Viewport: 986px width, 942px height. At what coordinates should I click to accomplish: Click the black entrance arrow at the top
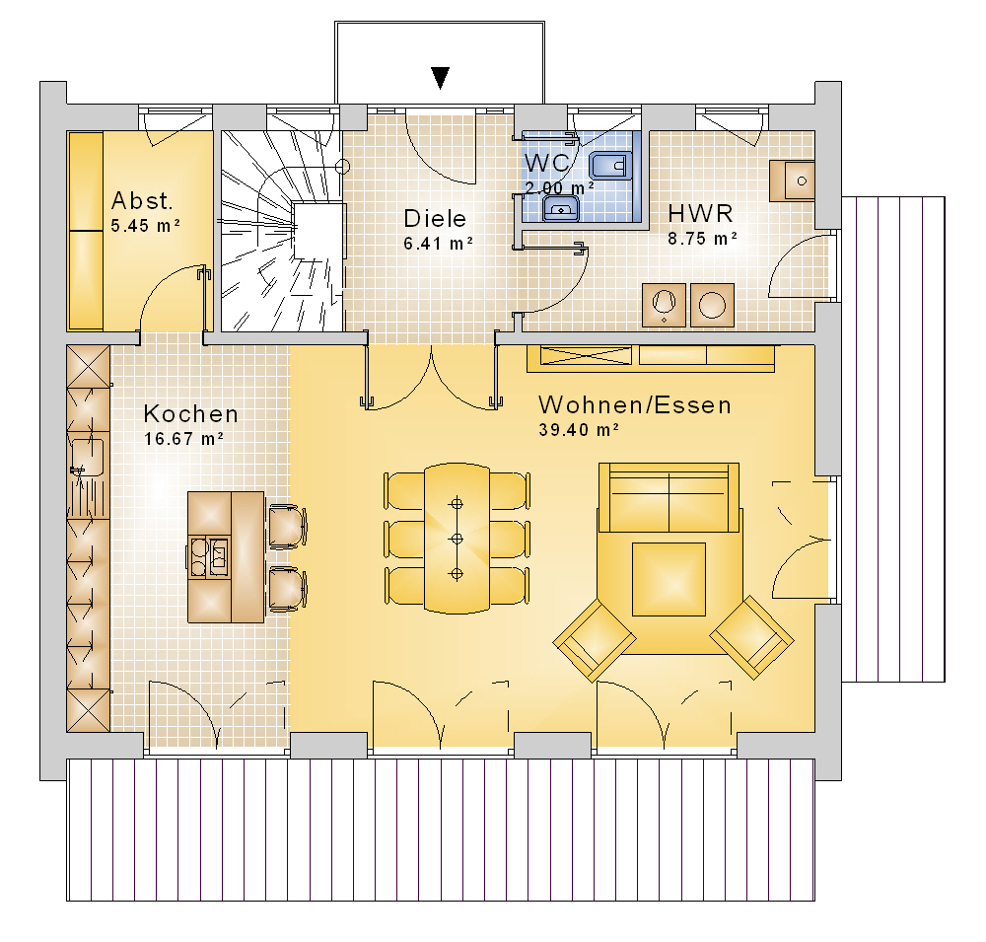pyautogui.click(x=440, y=78)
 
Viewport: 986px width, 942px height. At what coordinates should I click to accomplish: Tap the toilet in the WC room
pyautogui.click(x=610, y=166)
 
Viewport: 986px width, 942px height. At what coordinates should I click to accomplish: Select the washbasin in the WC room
pyautogui.click(x=561, y=208)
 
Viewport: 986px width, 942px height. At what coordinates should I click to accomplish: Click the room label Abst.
pyautogui.click(x=141, y=201)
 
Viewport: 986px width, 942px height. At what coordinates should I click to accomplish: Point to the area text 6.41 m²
pyautogui.click(x=438, y=244)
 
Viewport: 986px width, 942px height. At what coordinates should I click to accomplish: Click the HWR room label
pyautogui.click(x=700, y=214)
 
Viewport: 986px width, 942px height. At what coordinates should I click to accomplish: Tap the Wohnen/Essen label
pyautogui.click(x=635, y=404)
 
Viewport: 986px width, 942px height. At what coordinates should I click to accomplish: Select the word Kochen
pyautogui.click(x=191, y=414)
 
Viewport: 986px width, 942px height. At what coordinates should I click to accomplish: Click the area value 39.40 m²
pyautogui.click(x=579, y=430)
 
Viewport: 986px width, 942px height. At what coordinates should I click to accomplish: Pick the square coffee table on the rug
pyautogui.click(x=669, y=579)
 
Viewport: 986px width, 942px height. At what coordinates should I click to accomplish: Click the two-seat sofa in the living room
pyautogui.click(x=669, y=498)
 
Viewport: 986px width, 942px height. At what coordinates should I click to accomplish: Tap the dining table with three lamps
pyautogui.click(x=458, y=538)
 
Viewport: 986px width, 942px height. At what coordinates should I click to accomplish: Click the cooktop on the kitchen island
pyautogui.click(x=209, y=556)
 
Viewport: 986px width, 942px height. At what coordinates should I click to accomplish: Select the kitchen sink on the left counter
pyautogui.click(x=87, y=458)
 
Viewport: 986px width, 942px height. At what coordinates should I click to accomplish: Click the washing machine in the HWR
pyautogui.click(x=713, y=305)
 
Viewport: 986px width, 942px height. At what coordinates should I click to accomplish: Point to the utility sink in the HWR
pyautogui.click(x=793, y=181)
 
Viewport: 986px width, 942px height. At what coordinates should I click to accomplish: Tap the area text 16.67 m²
pyautogui.click(x=183, y=439)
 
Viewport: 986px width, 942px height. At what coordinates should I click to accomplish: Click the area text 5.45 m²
pyautogui.click(x=146, y=225)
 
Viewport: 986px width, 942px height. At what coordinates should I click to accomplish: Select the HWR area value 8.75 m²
pyautogui.click(x=702, y=239)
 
